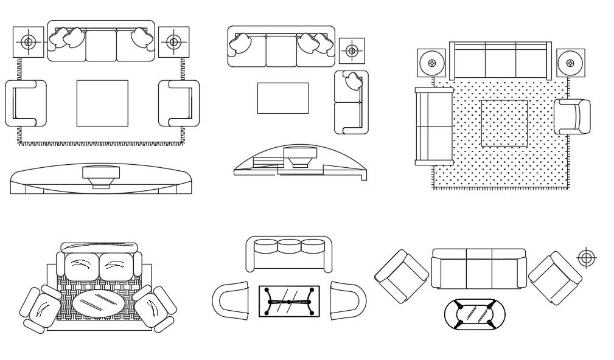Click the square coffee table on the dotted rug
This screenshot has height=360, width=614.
[x=504, y=123]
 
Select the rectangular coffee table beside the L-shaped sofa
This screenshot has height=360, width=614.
[x=282, y=98]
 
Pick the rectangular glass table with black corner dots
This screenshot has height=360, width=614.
[x=289, y=301]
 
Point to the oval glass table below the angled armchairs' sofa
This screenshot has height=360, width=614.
[x=475, y=314]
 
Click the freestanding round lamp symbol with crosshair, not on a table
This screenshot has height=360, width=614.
[x=586, y=258]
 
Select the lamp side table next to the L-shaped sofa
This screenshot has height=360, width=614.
[x=352, y=50]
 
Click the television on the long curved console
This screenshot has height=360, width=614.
[x=101, y=175]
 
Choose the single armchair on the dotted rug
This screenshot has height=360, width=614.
[x=571, y=116]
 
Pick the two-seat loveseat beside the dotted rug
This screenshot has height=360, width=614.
[x=433, y=126]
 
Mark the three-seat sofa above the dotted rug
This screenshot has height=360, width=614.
[x=500, y=60]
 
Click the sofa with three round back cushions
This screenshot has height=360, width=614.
[x=289, y=254]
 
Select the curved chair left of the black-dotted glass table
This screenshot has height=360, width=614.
[x=231, y=300]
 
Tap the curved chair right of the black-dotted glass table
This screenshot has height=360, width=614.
[x=347, y=300]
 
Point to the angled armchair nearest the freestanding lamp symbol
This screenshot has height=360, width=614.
[x=554, y=277]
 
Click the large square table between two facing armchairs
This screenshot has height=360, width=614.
[x=102, y=103]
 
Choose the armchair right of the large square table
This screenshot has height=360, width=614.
[x=179, y=103]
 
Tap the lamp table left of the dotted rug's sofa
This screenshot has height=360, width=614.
[x=431, y=63]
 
